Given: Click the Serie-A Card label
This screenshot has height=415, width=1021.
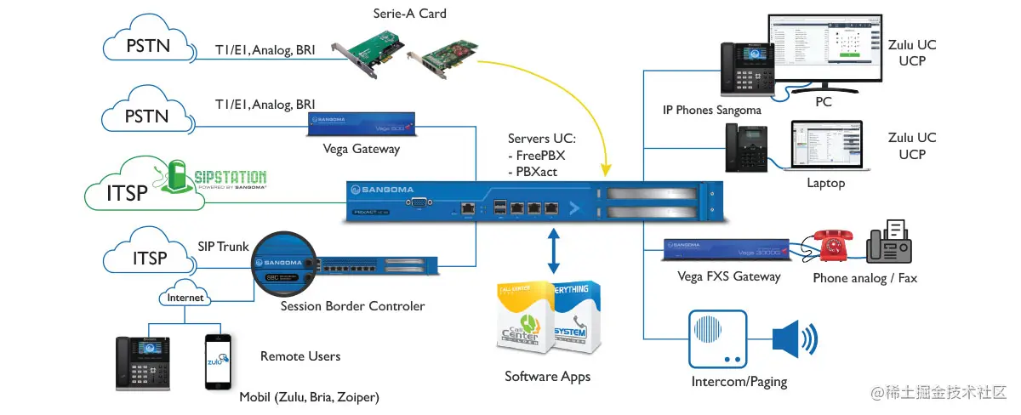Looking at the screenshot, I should click(x=409, y=14).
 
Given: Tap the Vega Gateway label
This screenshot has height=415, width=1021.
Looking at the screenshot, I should click(x=361, y=149).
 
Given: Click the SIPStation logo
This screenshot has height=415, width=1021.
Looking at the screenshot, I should click(x=216, y=177).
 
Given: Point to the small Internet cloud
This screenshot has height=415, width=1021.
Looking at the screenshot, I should click(x=185, y=298).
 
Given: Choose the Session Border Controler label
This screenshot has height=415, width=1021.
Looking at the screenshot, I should click(x=352, y=306).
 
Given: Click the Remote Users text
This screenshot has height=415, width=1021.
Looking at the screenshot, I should click(x=300, y=356).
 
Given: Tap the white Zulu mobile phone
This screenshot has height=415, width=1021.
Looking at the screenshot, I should click(x=217, y=361).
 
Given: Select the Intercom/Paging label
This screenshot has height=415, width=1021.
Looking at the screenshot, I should click(x=739, y=382).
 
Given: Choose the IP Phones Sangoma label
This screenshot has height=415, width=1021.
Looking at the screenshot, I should click(x=712, y=110).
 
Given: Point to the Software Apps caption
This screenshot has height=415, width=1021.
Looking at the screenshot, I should click(x=547, y=377).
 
